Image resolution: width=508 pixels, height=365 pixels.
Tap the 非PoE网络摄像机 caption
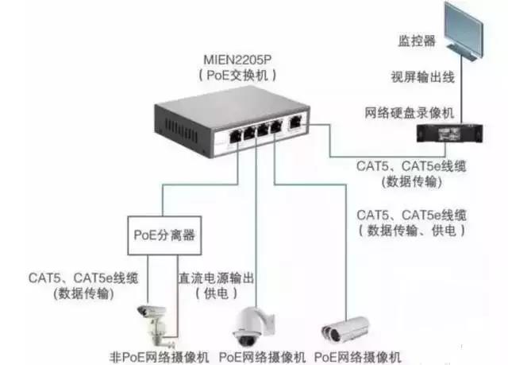[158, 355]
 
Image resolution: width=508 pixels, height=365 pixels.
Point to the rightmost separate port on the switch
[294, 122]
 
